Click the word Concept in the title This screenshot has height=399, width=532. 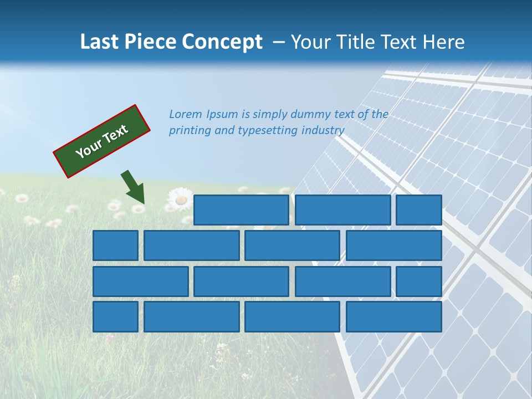coord(223,42)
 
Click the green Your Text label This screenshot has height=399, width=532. coord(102,141)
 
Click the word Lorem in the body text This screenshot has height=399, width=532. coord(186,115)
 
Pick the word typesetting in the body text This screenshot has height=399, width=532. coord(268,131)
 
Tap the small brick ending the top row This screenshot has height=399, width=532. coord(419,210)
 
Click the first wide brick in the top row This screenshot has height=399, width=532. coord(241,210)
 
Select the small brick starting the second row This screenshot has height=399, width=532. coord(115,245)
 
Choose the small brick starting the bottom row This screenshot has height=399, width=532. coord(115,317)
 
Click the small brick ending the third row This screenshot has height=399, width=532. coord(419,282)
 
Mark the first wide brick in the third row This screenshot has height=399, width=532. coord(140,282)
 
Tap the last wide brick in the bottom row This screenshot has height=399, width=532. coord(394,317)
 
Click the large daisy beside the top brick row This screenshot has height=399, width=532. coord(180,198)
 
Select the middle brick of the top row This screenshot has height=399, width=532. coord(342,210)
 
